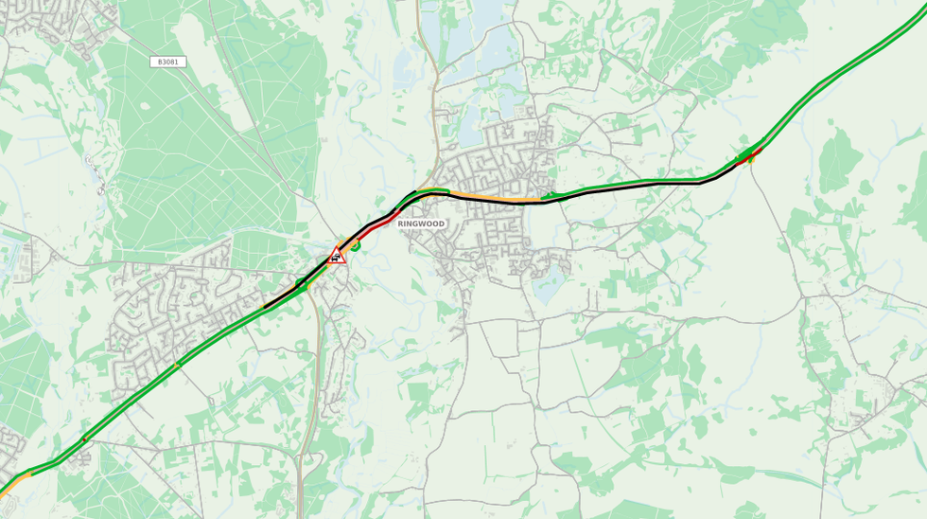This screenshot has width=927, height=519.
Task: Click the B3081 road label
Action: point(167,62)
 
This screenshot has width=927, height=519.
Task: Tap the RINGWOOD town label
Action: point(421,224)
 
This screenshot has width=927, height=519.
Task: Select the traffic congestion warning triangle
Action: point(337,256)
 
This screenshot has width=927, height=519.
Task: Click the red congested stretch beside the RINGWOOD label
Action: point(381,224)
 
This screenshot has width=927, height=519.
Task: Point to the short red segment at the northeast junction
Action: point(748,157)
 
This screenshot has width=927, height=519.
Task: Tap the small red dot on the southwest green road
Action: point(85,438)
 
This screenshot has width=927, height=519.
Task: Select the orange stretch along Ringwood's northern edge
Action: point(482,198)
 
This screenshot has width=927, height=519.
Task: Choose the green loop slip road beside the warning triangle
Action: point(356,246)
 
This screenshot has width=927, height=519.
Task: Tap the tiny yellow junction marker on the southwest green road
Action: point(176,365)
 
